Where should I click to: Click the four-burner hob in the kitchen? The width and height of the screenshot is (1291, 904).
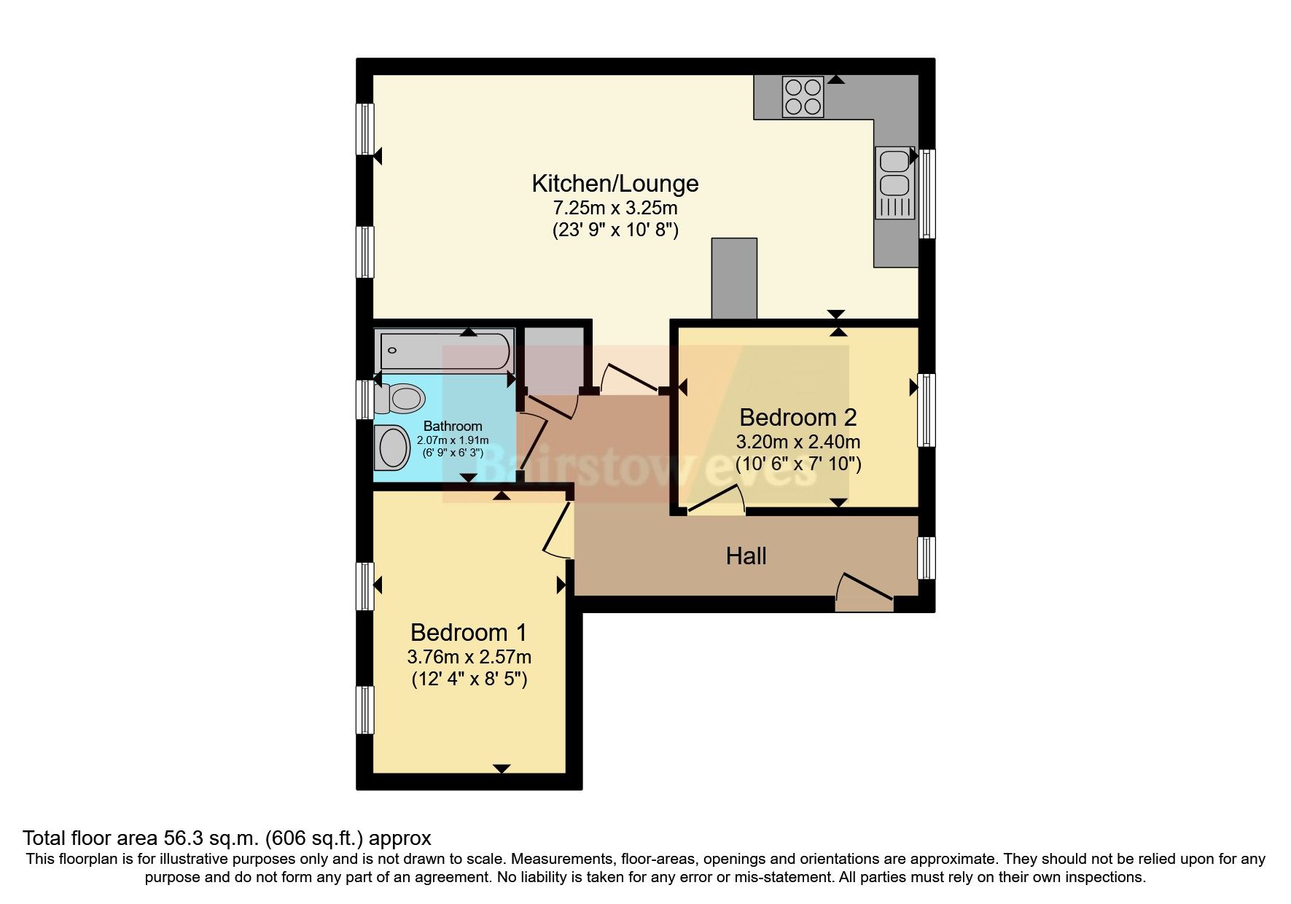coord(803,97)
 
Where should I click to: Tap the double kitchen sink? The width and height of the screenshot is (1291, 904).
coord(894,182)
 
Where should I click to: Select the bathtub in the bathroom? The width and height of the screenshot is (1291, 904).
coord(445,351)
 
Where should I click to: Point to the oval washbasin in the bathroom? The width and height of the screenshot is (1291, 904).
coord(394,446)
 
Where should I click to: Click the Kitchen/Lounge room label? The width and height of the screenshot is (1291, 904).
coord(615,183)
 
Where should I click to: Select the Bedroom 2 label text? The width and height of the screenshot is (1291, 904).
coord(797,417)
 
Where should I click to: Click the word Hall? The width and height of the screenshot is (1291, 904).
coord(746,556)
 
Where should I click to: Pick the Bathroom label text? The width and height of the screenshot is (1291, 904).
coord(453,426)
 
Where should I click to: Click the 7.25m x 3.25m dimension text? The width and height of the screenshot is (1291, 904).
coord(615,208)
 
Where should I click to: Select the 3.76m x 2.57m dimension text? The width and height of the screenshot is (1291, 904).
coord(468,656)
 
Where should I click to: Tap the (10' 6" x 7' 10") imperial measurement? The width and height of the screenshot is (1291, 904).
coord(797,464)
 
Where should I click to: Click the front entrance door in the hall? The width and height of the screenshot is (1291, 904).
coord(865,592)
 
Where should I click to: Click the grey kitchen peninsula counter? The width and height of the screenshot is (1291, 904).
coord(734,278)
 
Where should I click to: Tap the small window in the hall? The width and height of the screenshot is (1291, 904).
coord(926,558)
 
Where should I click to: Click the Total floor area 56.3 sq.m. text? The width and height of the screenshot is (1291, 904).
coord(227,838)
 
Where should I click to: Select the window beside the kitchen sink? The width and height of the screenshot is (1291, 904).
coord(927,194)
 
